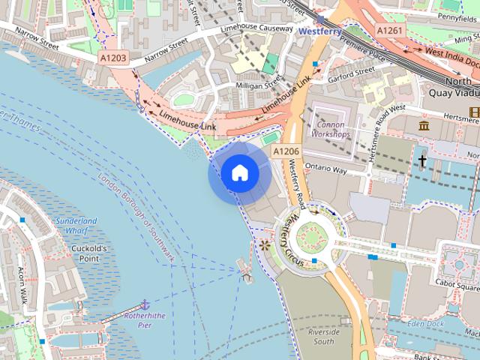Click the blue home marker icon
240,173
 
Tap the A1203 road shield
113,57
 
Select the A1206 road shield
286,151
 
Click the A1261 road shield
388,30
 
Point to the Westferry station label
320,31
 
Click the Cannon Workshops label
331,129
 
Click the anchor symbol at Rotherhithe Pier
145,304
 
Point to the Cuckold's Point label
90,253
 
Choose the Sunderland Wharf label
76,226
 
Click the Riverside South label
323,336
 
